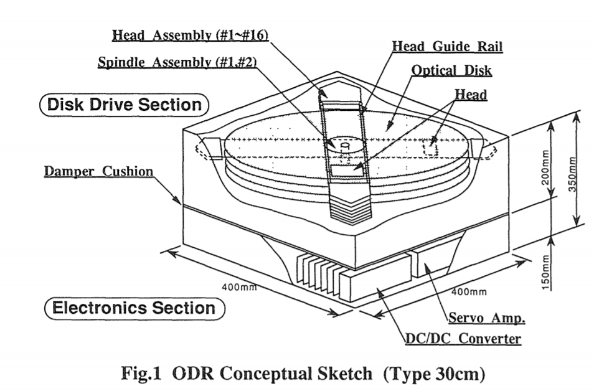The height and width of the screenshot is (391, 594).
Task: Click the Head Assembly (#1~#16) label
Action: pos(190,35)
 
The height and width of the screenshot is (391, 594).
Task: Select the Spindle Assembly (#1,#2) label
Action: pos(177,62)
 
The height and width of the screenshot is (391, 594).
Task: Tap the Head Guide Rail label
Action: pos(447,46)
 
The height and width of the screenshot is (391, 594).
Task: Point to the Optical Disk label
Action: pos(451,70)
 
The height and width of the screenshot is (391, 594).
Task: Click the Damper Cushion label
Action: pos(99,171)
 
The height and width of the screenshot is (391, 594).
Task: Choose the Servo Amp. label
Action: pos(487,318)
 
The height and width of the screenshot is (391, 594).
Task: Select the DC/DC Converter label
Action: pos(463,338)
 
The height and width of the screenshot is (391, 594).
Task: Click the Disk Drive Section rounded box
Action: pos(125,105)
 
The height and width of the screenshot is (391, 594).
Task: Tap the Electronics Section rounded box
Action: pos(134,308)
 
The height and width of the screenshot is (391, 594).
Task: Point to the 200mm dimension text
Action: pos(545,168)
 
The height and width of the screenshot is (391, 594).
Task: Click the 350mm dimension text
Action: pos(572,174)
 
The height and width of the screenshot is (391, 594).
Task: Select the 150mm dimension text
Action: pos(545,272)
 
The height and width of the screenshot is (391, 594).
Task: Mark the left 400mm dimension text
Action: pos(239,287)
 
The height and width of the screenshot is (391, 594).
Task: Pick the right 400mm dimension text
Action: pos(469,292)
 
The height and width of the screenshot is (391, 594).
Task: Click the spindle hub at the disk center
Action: pos(344,144)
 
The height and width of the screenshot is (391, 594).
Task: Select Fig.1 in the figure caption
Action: pos(141,374)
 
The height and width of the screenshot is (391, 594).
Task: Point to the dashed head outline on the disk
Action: pos(431,148)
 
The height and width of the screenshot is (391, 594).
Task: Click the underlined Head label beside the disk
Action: pos(471,95)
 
